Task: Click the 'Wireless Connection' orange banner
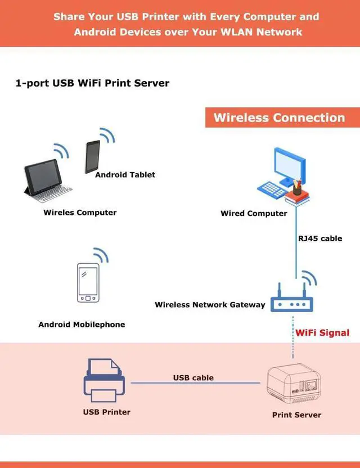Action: click(x=279, y=118)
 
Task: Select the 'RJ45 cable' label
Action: click(x=320, y=238)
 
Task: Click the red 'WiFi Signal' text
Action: click(x=322, y=332)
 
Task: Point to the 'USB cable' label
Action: click(x=193, y=377)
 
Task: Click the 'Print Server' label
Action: click(x=296, y=415)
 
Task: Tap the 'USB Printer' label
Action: click(x=106, y=412)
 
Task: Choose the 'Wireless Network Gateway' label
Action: click(x=210, y=305)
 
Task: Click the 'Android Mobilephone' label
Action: click(x=82, y=325)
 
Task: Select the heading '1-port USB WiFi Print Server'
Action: click(x=93, y=83)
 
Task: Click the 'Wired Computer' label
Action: click(x=254, y=214)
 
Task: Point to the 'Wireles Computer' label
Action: click(x=80, y=213)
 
